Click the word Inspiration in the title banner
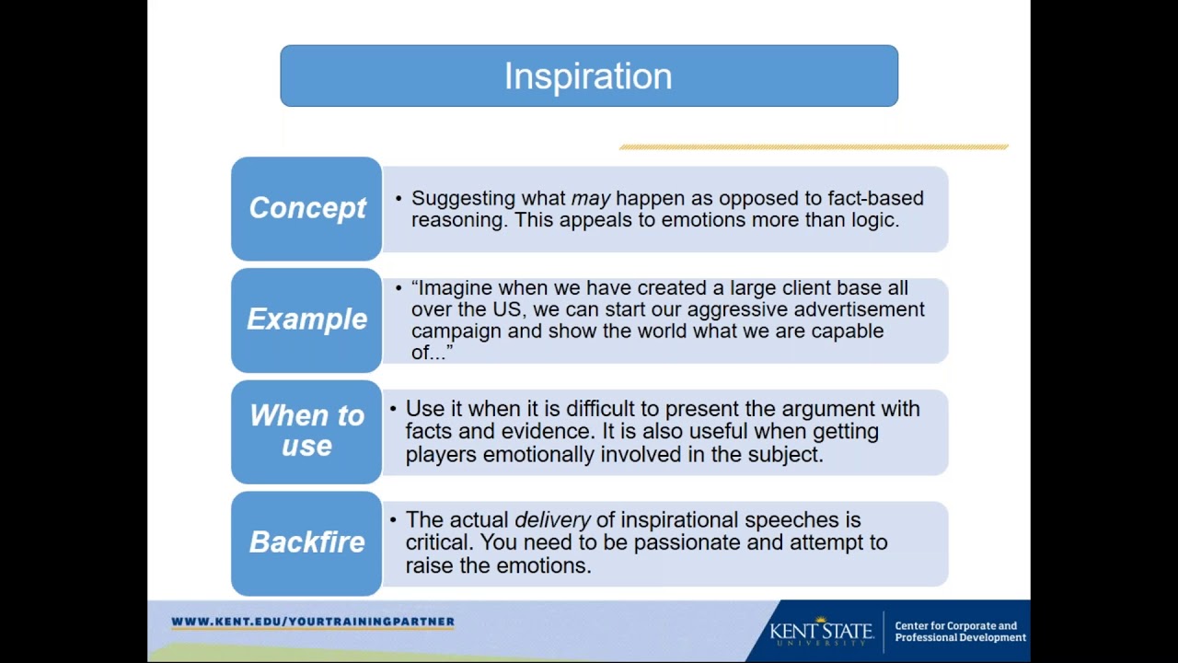coord(588,76)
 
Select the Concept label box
coord(306,208)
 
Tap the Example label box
coord(306,320)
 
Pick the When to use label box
coord(306,432)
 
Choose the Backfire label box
coord(306,543)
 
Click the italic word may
coord(591,199)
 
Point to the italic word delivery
coord(552,520)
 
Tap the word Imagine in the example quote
coord(456,288)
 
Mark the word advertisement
coord(860,309)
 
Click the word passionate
coord(687,543)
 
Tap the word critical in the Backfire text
coord(439,542)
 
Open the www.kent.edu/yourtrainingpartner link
coord(313,622)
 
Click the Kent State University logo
coord(822,631)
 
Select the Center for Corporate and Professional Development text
coord(960,632)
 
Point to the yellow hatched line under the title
coord(814,146)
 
